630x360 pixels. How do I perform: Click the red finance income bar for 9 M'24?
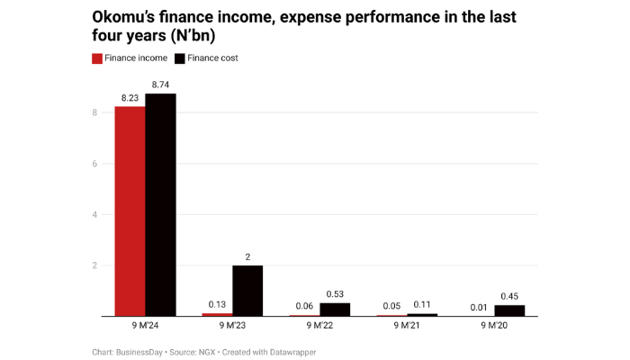(x=130, y=211)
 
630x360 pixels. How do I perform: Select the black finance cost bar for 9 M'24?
(x=160, y=205)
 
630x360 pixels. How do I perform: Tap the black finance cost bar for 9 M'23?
(x=247, y=291)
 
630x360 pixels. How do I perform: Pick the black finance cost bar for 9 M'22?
(x=335, y=310)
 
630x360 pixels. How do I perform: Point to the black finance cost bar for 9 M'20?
(x=509, y=310)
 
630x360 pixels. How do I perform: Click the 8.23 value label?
(x=130, y=97)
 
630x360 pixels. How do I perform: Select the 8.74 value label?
(x=160, y=85)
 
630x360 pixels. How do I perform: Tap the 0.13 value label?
(x=217, y=304)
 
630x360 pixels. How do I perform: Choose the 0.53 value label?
(x=335, y=293)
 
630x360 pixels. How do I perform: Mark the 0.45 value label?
(x=509, y=296)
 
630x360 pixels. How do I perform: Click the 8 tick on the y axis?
(x=94, y=112)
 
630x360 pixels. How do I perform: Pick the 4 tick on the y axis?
(x=94, y=214)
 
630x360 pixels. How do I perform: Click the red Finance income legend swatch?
(x=97, y=58)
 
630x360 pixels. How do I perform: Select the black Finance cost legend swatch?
(x=180, y=58)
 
